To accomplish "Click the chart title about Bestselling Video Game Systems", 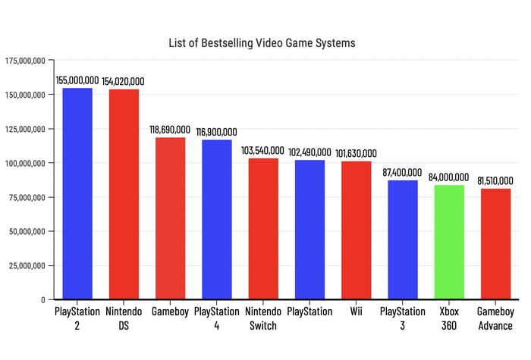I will (262, 43).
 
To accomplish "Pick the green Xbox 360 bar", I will (449, 242).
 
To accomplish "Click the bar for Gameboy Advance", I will (495, 243).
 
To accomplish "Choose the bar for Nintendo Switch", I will (263, 228).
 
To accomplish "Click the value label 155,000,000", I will (77, 80).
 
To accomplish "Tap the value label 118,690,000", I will (171, 130).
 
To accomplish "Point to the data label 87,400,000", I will (403, 173).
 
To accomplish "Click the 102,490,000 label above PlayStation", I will (309, 152).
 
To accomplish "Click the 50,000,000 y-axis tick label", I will (29, 231).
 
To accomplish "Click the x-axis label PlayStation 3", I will (403, 318).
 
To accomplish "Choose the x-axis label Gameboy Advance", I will (495, 318).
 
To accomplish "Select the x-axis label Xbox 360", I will (449, 318).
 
